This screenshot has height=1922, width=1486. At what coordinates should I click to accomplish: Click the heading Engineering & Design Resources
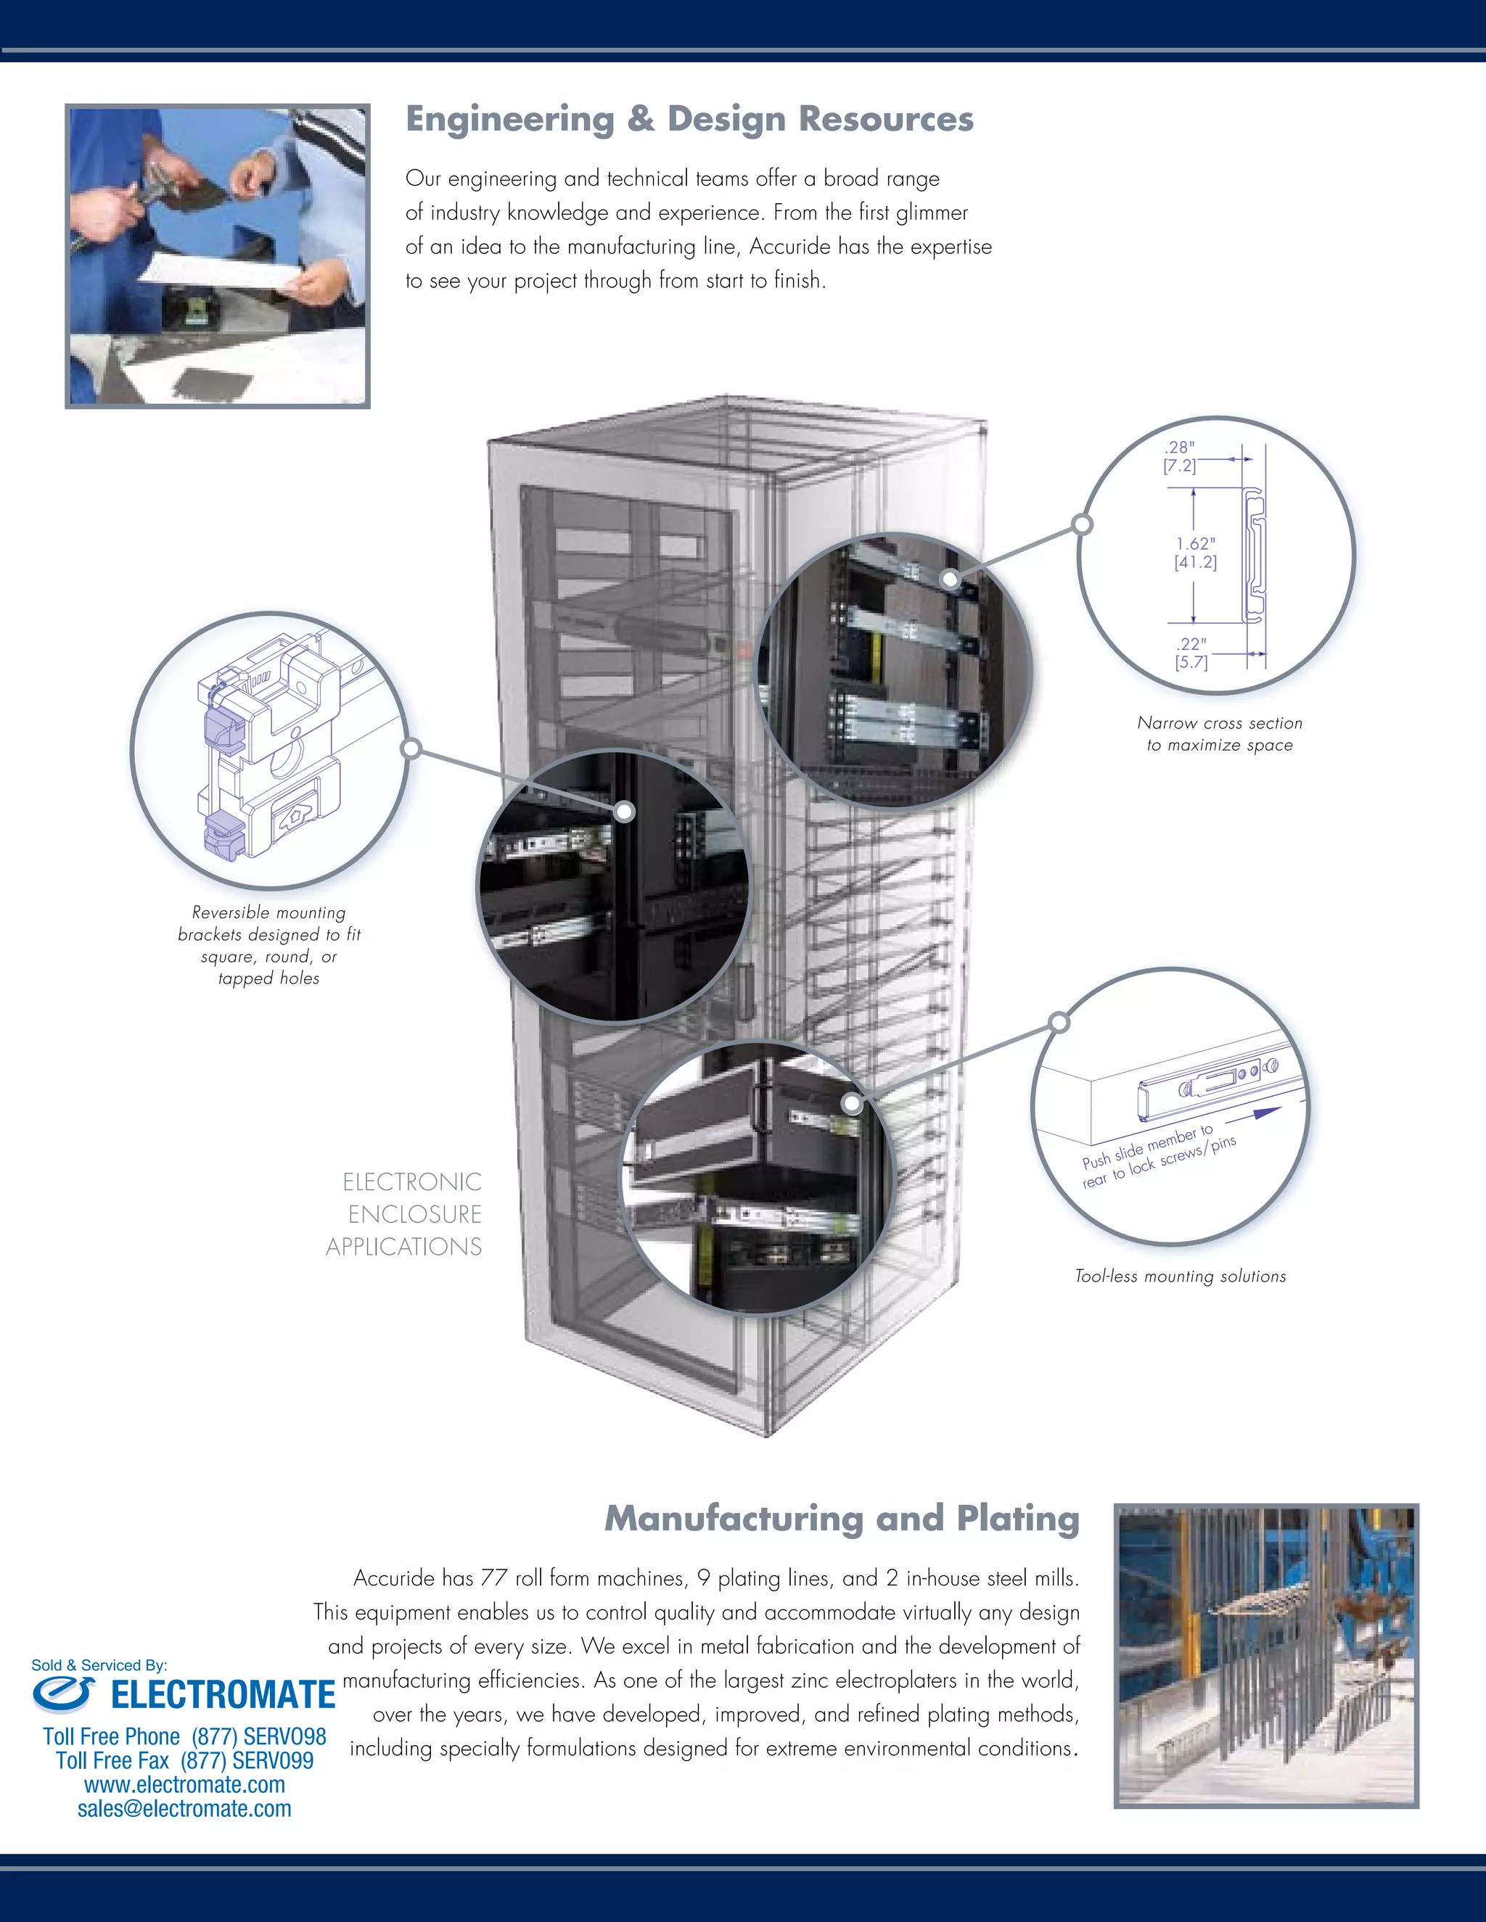click(689, 119)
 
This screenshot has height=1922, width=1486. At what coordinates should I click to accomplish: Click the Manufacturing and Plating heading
click(842, 1518)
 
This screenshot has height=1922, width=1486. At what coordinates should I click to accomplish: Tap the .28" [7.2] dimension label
click(1180, 457)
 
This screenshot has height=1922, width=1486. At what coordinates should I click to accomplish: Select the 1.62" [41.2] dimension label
click(1196, 553)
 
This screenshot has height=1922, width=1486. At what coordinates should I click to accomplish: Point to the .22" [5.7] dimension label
click(1191, 653)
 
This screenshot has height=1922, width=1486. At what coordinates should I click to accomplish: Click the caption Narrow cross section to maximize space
click(1219, 733)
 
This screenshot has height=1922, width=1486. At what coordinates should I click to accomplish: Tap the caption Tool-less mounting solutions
click(1180, 1276)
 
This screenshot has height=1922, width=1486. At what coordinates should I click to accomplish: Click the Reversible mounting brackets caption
click(268, 945)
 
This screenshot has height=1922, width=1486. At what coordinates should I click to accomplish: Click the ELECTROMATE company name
click(223, 1695)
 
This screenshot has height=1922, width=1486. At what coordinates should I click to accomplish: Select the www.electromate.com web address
click(185, 1784)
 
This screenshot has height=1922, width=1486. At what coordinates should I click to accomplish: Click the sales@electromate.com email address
click(184, 1808)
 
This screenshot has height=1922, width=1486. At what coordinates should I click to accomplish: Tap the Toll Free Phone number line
click(185, 1736)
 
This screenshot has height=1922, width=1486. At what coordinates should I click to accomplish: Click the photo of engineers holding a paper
click(218, 255)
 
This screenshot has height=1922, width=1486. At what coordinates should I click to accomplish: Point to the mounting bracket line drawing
click(268, 748)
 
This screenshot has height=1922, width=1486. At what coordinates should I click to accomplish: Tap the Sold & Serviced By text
click(99, 1665)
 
